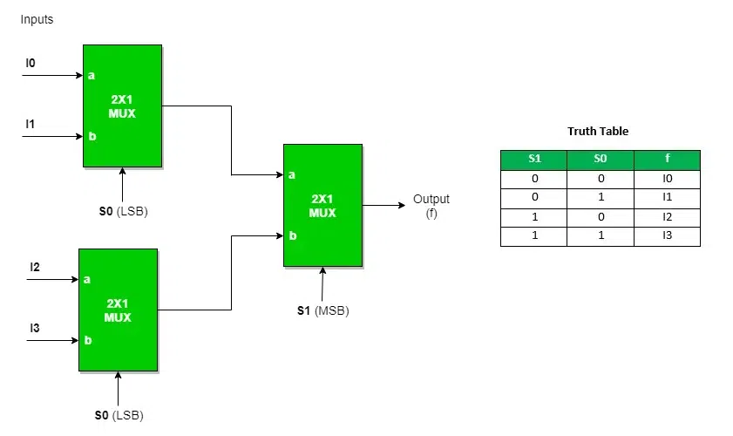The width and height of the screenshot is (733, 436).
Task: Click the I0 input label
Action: click(31, 63)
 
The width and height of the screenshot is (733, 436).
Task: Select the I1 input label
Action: click(31, 124)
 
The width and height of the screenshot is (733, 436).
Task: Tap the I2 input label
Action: click(35, 267)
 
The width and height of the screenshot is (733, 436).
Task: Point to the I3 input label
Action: click(35, 328)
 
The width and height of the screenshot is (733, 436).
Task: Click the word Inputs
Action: click(37, 19)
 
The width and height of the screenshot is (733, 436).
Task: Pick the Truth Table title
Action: click(598, 132)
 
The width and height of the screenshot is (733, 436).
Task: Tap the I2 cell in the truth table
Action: click(667, 217)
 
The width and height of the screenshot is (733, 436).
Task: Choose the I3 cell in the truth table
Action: click(667, 236)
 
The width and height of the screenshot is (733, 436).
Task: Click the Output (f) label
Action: click(431, 206)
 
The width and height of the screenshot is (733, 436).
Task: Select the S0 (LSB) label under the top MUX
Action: click(123, 211)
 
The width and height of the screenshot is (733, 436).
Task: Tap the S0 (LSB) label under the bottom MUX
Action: click(119, 415)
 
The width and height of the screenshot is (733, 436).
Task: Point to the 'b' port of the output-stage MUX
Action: click(292, 235)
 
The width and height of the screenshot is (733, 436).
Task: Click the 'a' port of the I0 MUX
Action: click(92, 75)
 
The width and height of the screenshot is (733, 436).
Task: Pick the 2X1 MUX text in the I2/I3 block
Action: click(118, 310)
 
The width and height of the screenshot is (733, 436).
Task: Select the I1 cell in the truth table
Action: click(667, 198)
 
